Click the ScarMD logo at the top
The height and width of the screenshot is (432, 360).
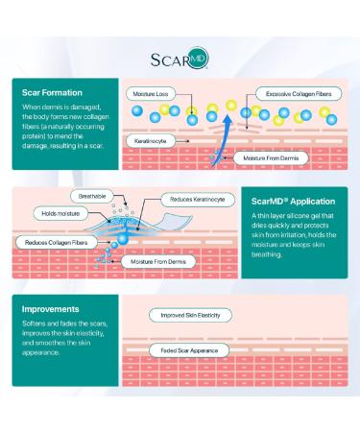pyautogui.click(x=179, y=59)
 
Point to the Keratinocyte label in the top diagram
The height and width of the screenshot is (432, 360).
pyautogui.click(x=152, y=140)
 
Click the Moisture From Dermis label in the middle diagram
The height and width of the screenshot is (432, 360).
pyautogui.click(x=162, y=260)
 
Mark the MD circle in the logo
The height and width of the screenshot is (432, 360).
pyautogui.click(x=199, y=57)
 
